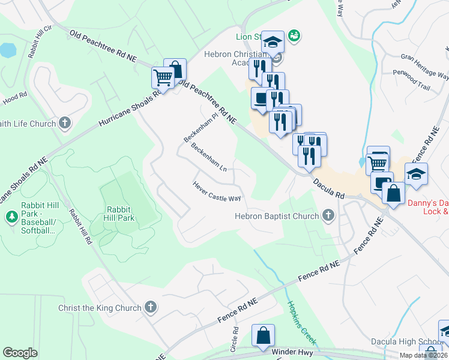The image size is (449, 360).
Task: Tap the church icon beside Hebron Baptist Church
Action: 328,215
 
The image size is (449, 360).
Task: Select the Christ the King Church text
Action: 99,308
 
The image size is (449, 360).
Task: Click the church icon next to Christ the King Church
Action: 150,308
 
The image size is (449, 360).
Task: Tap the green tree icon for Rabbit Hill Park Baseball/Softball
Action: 10,215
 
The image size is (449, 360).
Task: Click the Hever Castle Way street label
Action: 217,192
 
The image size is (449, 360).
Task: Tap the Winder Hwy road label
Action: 294,352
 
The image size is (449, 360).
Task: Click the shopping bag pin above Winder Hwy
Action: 263,335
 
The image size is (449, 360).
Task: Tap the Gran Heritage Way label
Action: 424,66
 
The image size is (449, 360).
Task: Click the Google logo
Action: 20,352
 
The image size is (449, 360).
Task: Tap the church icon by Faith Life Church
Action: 65,124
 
